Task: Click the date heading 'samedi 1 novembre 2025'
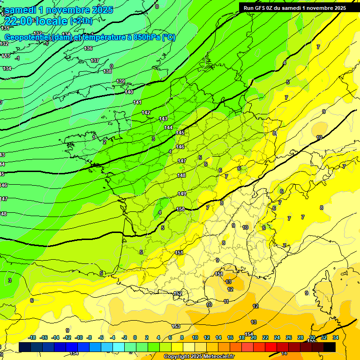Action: [59, 10]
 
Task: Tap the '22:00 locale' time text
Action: [36, 21]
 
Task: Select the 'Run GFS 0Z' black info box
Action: [295, 8]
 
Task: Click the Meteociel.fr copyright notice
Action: [199, 356]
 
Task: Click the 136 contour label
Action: [88, 48]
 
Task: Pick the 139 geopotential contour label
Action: [120, 81]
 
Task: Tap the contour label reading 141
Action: [137, 102]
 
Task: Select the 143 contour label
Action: [163, 119]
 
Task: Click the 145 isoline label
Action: [180, 133]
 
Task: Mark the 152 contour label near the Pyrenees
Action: [178, 294]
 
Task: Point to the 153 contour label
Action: [176, 326]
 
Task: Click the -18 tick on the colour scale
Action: [32, 337]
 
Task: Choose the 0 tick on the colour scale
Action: [135, 337]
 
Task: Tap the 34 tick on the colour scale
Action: [335, 337]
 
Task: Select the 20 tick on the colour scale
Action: [254, 337]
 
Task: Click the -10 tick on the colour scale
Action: [78, 337]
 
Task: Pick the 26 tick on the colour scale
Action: [288, 337]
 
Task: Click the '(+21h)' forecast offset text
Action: [81, 21]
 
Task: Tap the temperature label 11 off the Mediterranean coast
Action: [226, 301]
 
